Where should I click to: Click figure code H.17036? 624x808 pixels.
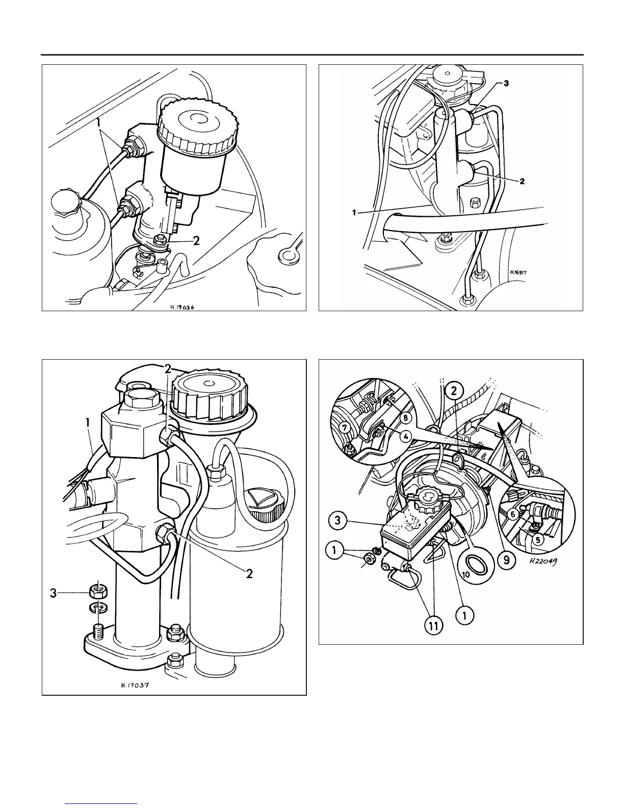pos(183,308)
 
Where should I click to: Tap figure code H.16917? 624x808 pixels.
pos(518,272)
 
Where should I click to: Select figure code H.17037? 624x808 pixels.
pos(135,685)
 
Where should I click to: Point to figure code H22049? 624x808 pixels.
pos(543,562)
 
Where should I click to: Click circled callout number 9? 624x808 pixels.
pos(506,560)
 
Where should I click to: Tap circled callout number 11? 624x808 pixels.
pos(433,626)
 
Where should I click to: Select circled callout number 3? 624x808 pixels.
pos(337,520)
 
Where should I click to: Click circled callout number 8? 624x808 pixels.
pos(406,418)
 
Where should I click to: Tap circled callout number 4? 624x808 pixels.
pos(405,436)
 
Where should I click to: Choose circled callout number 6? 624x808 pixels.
pos(513,515)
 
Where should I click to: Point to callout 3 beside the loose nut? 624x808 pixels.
pos(54,593)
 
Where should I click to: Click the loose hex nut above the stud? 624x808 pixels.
pos(98,592)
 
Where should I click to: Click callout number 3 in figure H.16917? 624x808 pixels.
pos(506,83)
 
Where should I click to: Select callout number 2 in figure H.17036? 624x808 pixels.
pos(196,241)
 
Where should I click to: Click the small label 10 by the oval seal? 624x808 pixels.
pos(465,574)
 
